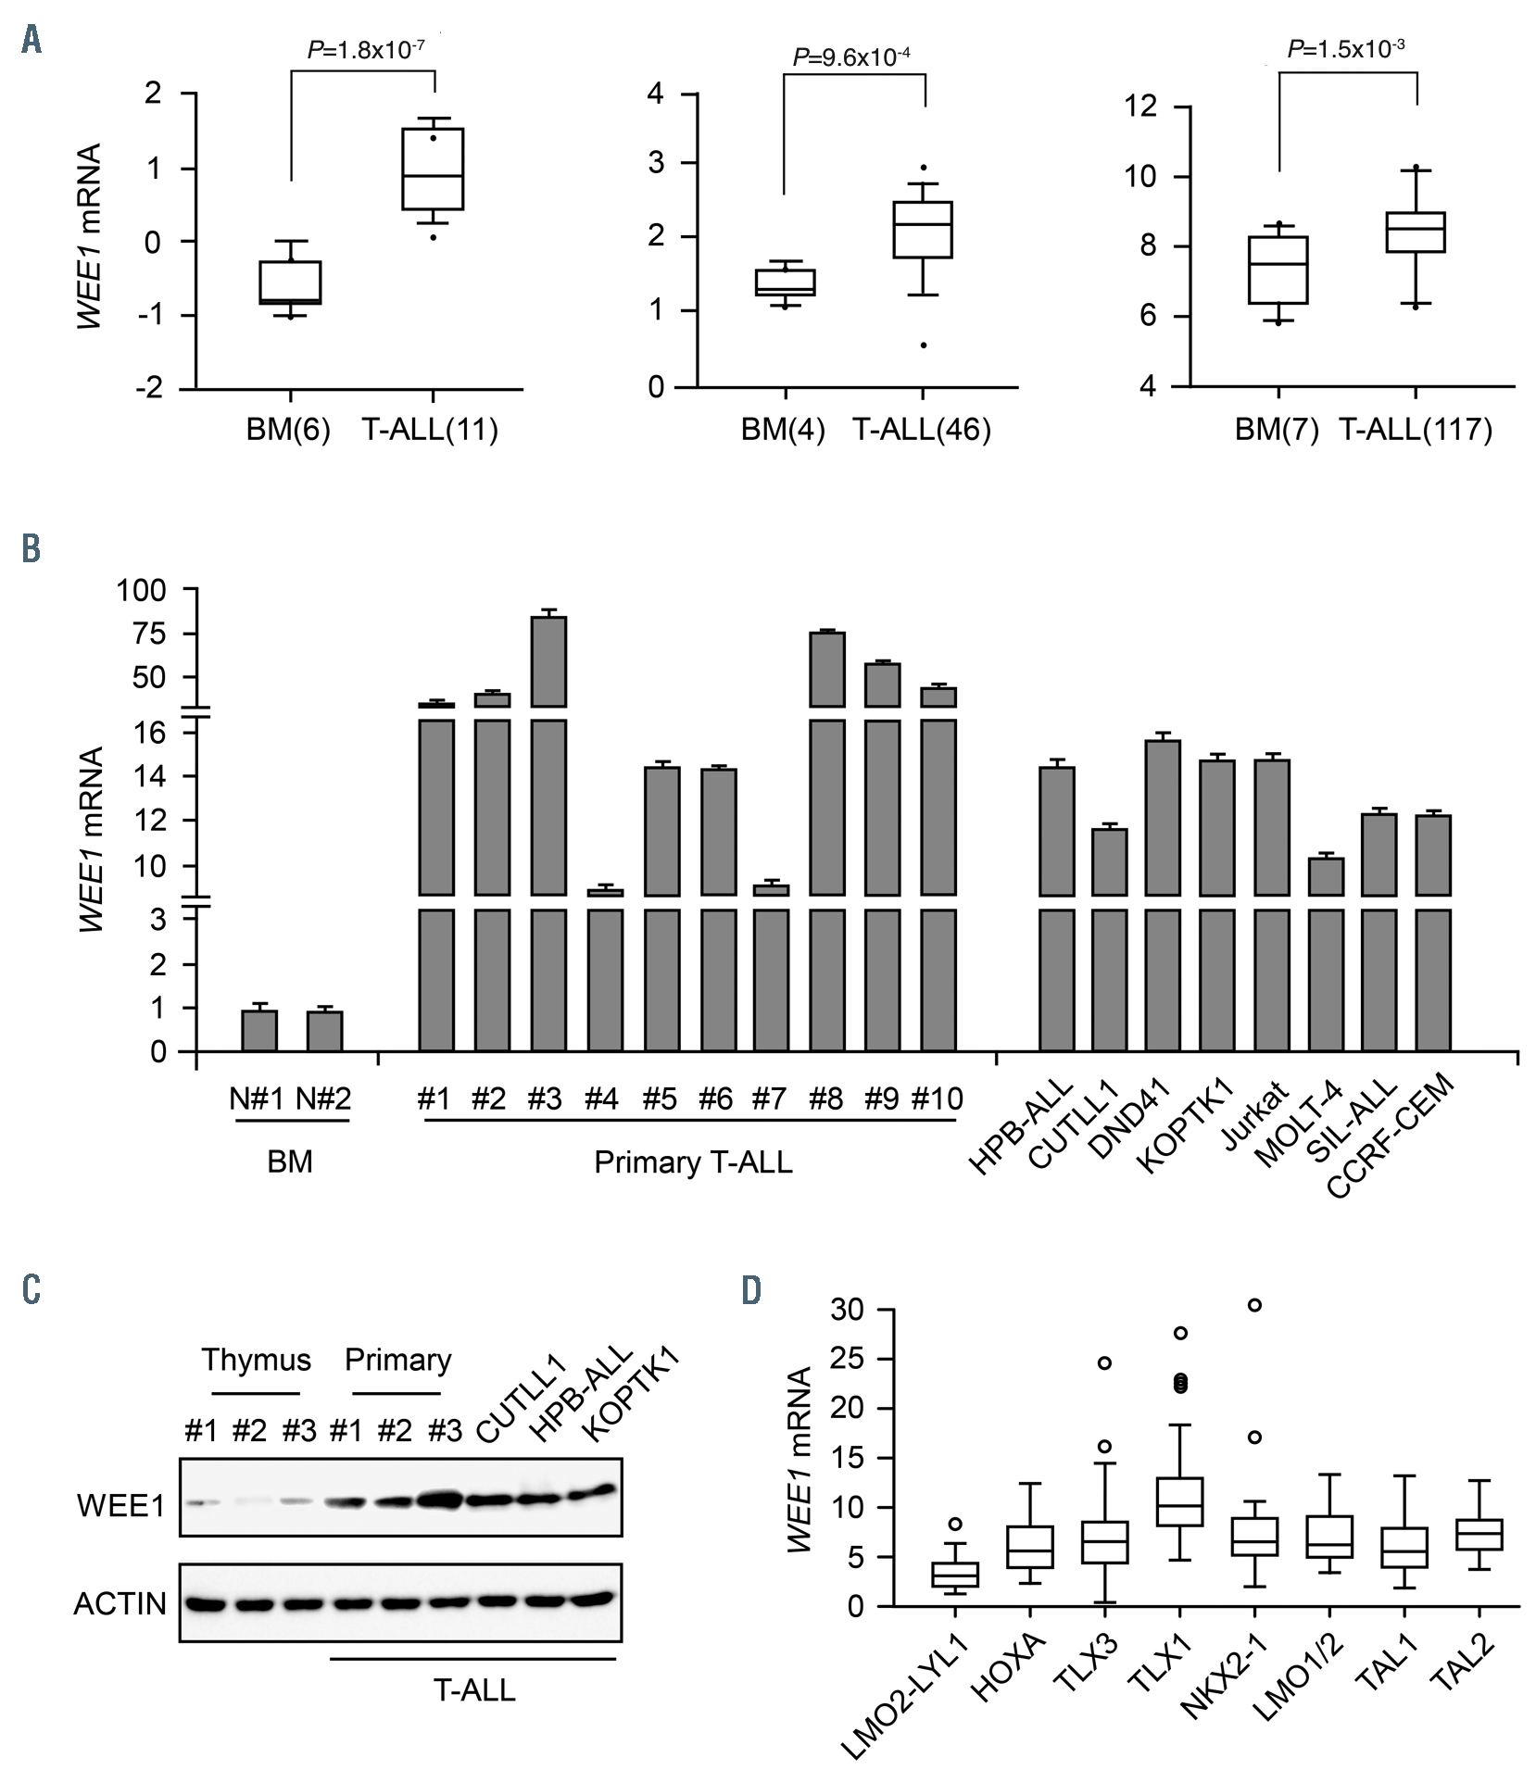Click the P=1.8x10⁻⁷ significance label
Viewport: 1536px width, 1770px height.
coord(366,50)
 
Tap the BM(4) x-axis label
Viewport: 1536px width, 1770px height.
coord(783,431)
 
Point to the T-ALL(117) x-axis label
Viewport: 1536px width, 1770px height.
coord(1416,431)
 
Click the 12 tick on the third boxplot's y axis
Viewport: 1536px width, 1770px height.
coord(1140,107)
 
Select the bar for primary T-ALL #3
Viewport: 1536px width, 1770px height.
coord(548,834)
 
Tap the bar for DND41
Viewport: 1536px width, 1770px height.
coord(1164,889)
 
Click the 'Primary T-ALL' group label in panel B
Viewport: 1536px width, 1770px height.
coord(693,1162)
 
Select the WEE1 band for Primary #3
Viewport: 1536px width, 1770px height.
coord(442,1500)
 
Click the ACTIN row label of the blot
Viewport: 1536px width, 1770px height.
coord(120,1604)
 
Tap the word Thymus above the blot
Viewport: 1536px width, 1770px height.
coord(257,1361)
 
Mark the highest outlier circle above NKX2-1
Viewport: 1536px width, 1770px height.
coord(1254,1305)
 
